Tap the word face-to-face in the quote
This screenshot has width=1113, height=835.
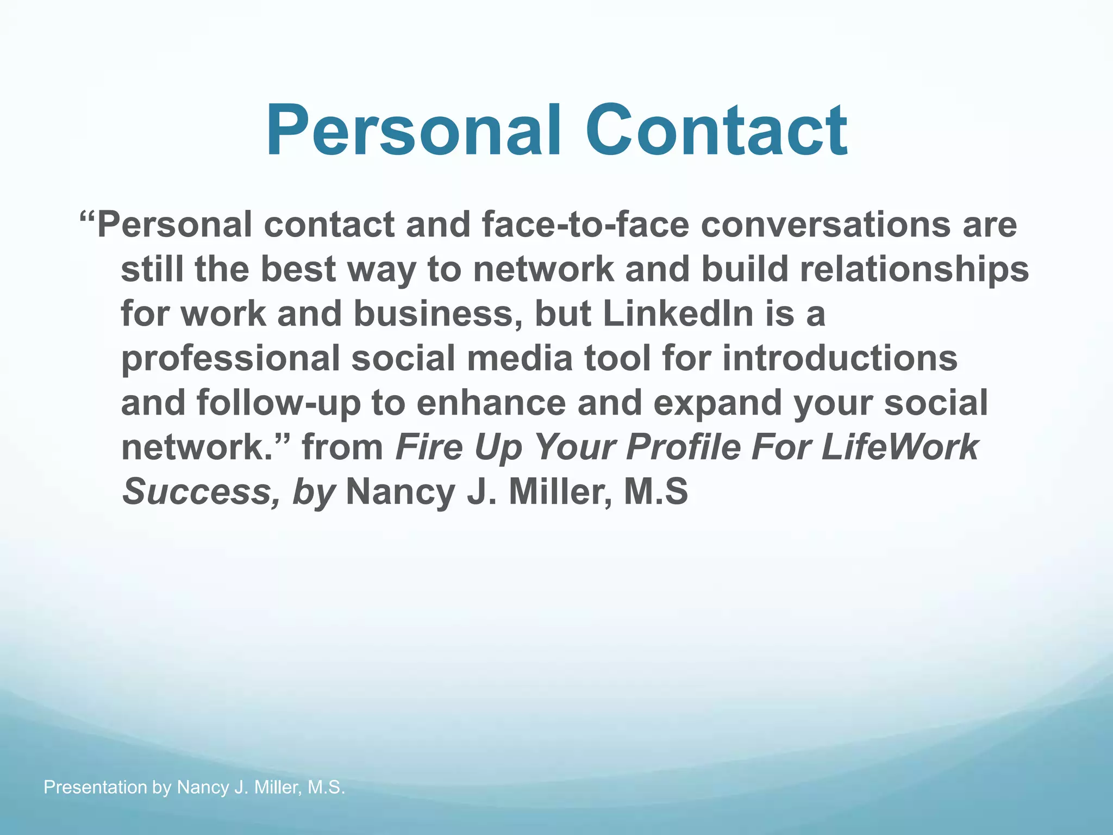pyautogui.click(x=585, y=225)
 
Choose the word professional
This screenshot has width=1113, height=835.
pyautogui.click(x=230, y=359)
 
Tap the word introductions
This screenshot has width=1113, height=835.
pyautogui.click(x=840, y=358)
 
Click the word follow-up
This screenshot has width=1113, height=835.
pyautogui.click(x=278, y=403)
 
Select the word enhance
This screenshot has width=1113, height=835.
pyautogui.click(x=491, y=403)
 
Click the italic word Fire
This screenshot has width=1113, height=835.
pyautogui.click(x=429, y=447)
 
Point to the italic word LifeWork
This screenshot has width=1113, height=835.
pyautogui.click(x=899, y=447)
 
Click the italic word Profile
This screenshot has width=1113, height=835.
pyautogui.click(x=683, y=447)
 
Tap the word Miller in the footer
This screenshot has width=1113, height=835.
pyautogui.click(x=278, y=787)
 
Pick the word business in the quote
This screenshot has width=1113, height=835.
pyautogui.click(x=437, y=314)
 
